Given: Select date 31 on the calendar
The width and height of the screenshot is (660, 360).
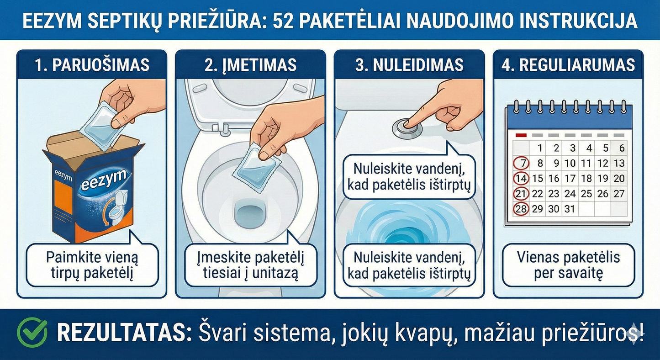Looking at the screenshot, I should [569, 209].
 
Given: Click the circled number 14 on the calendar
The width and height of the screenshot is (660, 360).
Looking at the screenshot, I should [521, 178].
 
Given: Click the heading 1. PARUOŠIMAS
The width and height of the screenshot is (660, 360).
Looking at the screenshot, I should [92, 65].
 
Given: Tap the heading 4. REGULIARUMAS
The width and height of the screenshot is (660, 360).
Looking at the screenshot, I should [568, 65].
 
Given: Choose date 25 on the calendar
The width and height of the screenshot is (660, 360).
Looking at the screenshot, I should [586, 194].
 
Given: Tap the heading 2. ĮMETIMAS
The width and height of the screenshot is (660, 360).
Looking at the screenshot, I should [250, 65].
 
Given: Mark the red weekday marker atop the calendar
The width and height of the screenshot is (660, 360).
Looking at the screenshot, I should [521, 135].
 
